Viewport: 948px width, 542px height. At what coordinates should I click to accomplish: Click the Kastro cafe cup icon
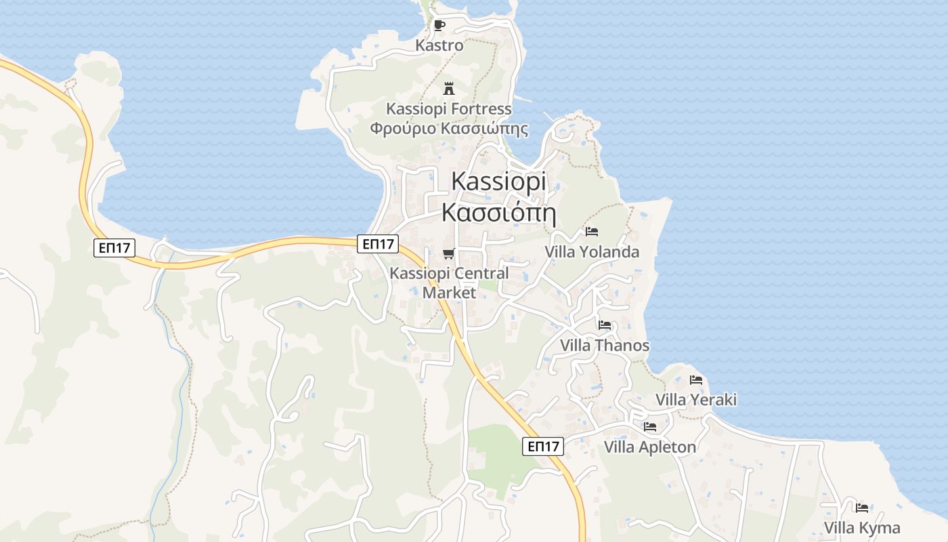point(439,26)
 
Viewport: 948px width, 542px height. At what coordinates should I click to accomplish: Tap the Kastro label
point(439,45)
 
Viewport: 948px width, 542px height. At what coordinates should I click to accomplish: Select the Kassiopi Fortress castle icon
point(448,88)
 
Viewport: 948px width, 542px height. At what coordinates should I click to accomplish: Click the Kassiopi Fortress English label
point(448,108)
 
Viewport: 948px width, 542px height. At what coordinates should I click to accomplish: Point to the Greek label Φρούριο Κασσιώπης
point(448,128)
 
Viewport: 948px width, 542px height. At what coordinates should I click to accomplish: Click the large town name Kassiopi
point(498,182)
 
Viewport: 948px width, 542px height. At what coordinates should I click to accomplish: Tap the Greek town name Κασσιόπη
point(498,212)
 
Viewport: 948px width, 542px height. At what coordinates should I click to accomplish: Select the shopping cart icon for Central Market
point(448,254)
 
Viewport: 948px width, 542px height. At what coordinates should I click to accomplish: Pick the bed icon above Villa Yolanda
point(592,232)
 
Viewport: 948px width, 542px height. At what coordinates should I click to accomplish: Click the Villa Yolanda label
point(592,252)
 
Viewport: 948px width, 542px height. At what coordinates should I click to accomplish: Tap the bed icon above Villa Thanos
point(605,325)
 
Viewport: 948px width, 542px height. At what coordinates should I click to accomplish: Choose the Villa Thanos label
point(605,346)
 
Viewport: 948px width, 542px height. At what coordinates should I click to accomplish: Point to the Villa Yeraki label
point(696,400)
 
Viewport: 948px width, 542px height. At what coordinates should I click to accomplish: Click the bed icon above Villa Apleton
point(650,427)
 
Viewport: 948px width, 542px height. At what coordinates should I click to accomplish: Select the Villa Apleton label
point(650,447)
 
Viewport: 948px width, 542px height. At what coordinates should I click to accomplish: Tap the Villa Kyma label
point(862,528)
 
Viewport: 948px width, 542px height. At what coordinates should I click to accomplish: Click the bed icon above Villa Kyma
point(862,507)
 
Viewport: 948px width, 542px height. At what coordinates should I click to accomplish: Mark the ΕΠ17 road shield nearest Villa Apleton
point(543,446)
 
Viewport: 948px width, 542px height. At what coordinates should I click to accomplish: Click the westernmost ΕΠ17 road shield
point(114,247)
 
